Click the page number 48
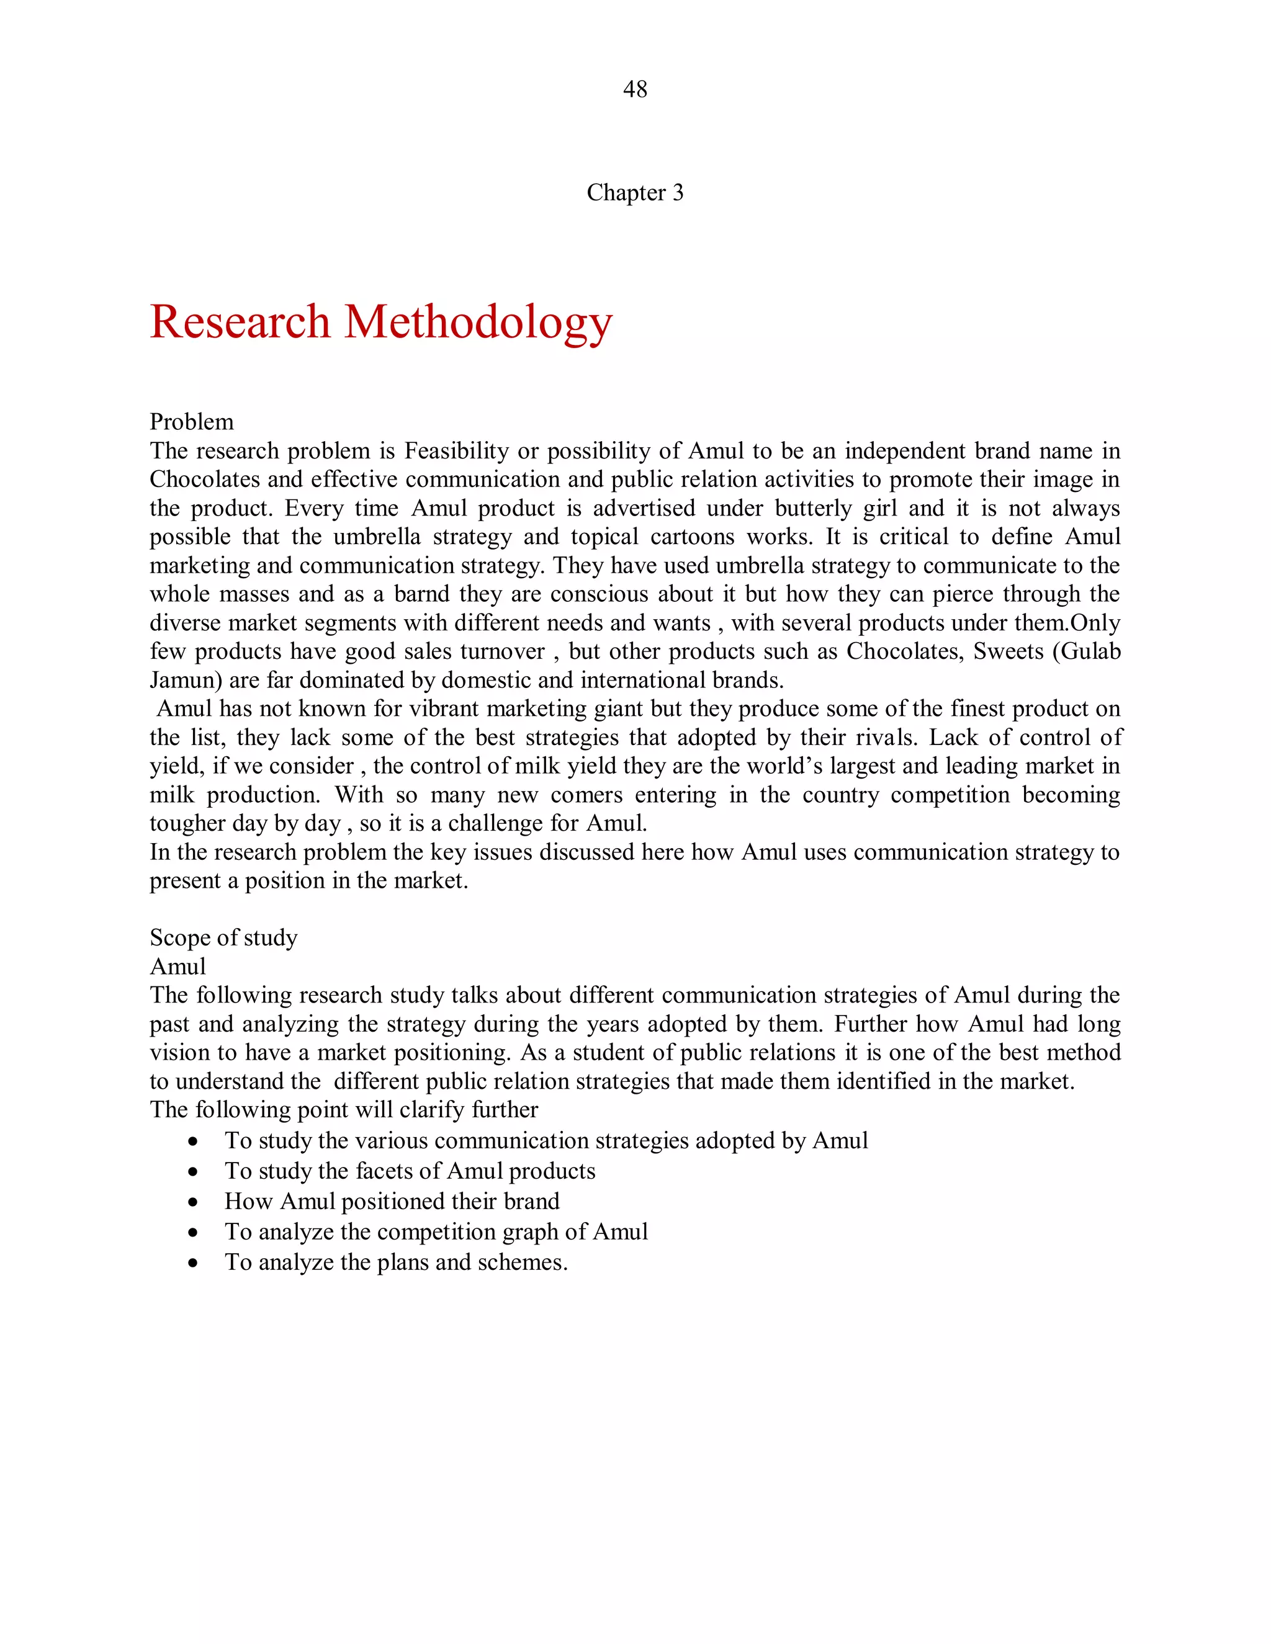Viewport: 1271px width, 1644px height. tap(635, 89)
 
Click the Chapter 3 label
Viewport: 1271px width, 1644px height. tap(635, 193)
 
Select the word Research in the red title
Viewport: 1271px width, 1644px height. tap(240, 322)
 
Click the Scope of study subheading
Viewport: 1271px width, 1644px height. tap(223, 938)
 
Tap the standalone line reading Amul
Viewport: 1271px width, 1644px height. tap(177, 967)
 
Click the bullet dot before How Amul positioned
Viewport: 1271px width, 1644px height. tap(194, 1203)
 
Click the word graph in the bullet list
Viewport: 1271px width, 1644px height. tap(533, 1232)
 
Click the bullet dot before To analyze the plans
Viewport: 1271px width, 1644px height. tap(194, 1263)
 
